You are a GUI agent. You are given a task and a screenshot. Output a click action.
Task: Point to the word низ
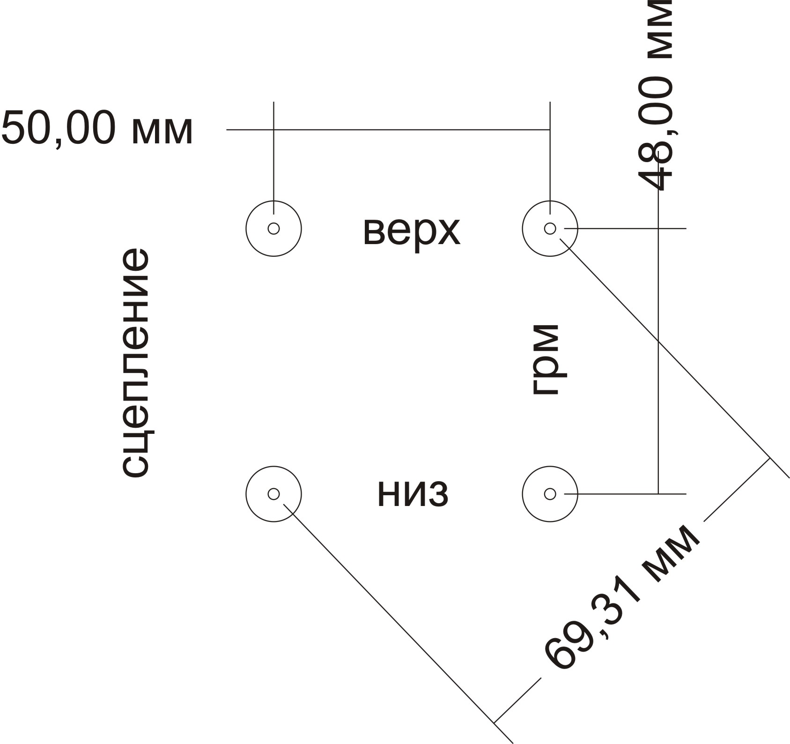413,495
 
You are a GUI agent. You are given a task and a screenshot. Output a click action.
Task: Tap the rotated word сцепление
136,363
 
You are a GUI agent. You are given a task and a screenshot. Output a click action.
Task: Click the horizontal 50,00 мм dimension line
388,129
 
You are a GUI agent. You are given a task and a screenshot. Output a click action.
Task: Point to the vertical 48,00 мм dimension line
658,323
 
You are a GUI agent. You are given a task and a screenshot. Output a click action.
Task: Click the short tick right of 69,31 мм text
737,489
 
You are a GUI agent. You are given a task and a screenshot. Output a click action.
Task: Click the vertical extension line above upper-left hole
273,158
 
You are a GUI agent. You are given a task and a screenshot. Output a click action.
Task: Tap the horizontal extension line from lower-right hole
625,494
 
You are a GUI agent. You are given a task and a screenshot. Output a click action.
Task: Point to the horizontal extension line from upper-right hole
625,228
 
